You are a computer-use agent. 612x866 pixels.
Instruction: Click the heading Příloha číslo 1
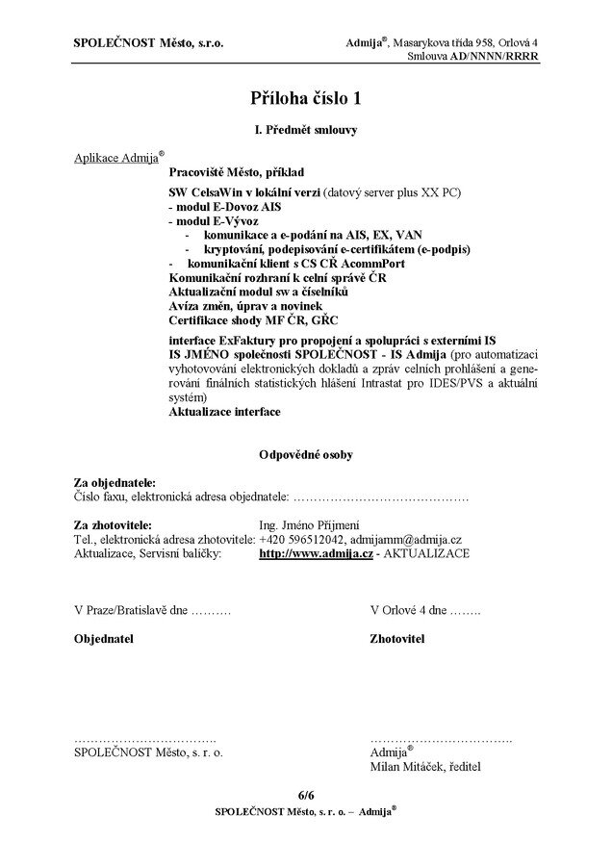(306, 97)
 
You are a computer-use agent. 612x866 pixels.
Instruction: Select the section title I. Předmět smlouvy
(306, 130)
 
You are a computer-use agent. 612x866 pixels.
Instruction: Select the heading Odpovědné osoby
(306, 453)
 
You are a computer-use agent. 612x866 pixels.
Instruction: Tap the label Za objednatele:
(115, 482)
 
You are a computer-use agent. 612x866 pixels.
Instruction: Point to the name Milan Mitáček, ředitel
(424, 767)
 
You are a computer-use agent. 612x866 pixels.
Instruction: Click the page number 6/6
(306, 796)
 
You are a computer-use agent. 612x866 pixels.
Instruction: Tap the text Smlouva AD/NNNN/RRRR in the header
(472, 57)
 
